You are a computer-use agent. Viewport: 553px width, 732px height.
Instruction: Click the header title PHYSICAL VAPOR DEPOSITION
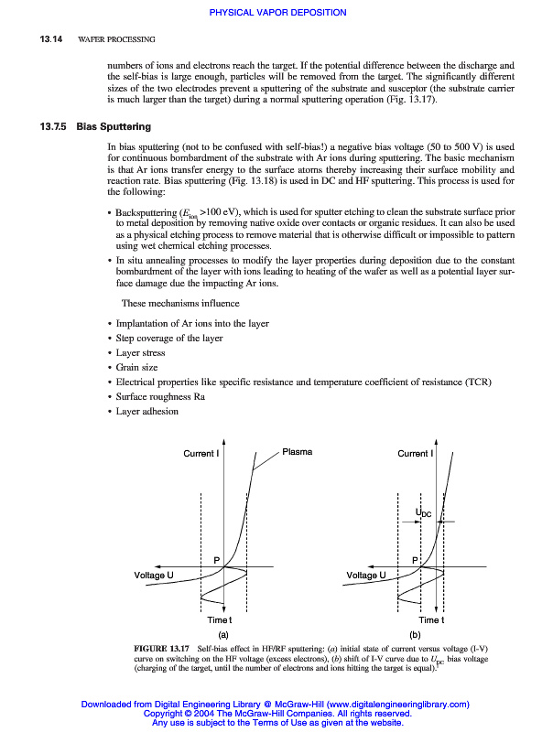click(x=277, y=13)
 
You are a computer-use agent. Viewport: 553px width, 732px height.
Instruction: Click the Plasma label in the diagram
click(x=297, y=452)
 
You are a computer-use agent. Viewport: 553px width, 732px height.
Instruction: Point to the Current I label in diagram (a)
click(x=201, y=454)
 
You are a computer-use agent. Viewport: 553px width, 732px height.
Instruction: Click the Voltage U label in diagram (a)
click(x=154, y=575)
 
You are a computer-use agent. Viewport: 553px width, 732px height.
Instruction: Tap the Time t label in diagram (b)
click(x=430, y=620)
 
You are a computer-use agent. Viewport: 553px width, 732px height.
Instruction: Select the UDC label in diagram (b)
click(x=425, y=515)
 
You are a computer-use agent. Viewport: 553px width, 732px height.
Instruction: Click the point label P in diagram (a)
click(x=217, y=559)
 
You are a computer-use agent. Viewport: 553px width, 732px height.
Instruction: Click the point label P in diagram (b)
click(x=415, y=559)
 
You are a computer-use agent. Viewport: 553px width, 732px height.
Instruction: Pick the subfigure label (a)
click(x=222, y=634)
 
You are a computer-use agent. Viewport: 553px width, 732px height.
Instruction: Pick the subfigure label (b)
click(x=415, y=634)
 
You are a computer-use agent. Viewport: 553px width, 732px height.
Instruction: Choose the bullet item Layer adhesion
click(x=146, y=412)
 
